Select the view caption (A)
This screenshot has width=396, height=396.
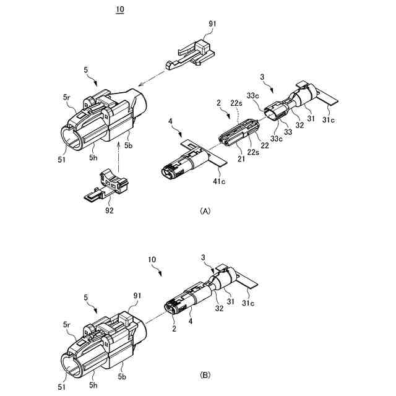[x=205, y=211]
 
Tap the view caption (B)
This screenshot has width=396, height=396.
[x=205, y=375]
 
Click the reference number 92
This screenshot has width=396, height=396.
[x=110, y=210]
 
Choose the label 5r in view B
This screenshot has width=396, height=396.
[x=66, y=323]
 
